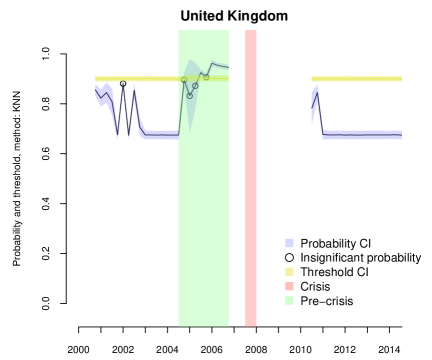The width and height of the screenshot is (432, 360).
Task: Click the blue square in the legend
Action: click(x=289, y=243)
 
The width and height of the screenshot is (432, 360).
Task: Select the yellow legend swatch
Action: click(x=289, y=271)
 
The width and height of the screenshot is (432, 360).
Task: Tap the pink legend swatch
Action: click(x=289, y=286)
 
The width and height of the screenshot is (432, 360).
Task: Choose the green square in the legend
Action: click(x=289, y=300)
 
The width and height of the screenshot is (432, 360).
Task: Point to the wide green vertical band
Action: click(x=203, y=200)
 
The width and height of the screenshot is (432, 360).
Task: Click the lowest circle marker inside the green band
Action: click(x=189, y=96)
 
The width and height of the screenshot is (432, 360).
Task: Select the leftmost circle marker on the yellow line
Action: click(x=112, y=77)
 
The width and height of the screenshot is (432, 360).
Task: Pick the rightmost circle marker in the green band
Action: click(x=207, y=76)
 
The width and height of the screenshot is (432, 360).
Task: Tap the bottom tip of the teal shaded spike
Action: click(x=189, y=131)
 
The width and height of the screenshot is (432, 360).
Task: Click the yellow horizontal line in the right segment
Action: click(x=356, y=78)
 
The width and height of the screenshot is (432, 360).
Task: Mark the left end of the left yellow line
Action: click(x=96, y=78)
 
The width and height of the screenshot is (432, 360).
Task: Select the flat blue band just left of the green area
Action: click(x=160, y=135)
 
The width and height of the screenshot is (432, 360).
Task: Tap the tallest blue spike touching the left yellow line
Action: click(x=123, y=83)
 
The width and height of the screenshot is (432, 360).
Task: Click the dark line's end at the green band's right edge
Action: click(x=228, y=67)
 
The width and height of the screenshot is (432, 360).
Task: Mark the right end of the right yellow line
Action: click(x=401, y=78)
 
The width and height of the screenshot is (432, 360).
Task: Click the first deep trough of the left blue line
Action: click(x=117, y=136)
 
